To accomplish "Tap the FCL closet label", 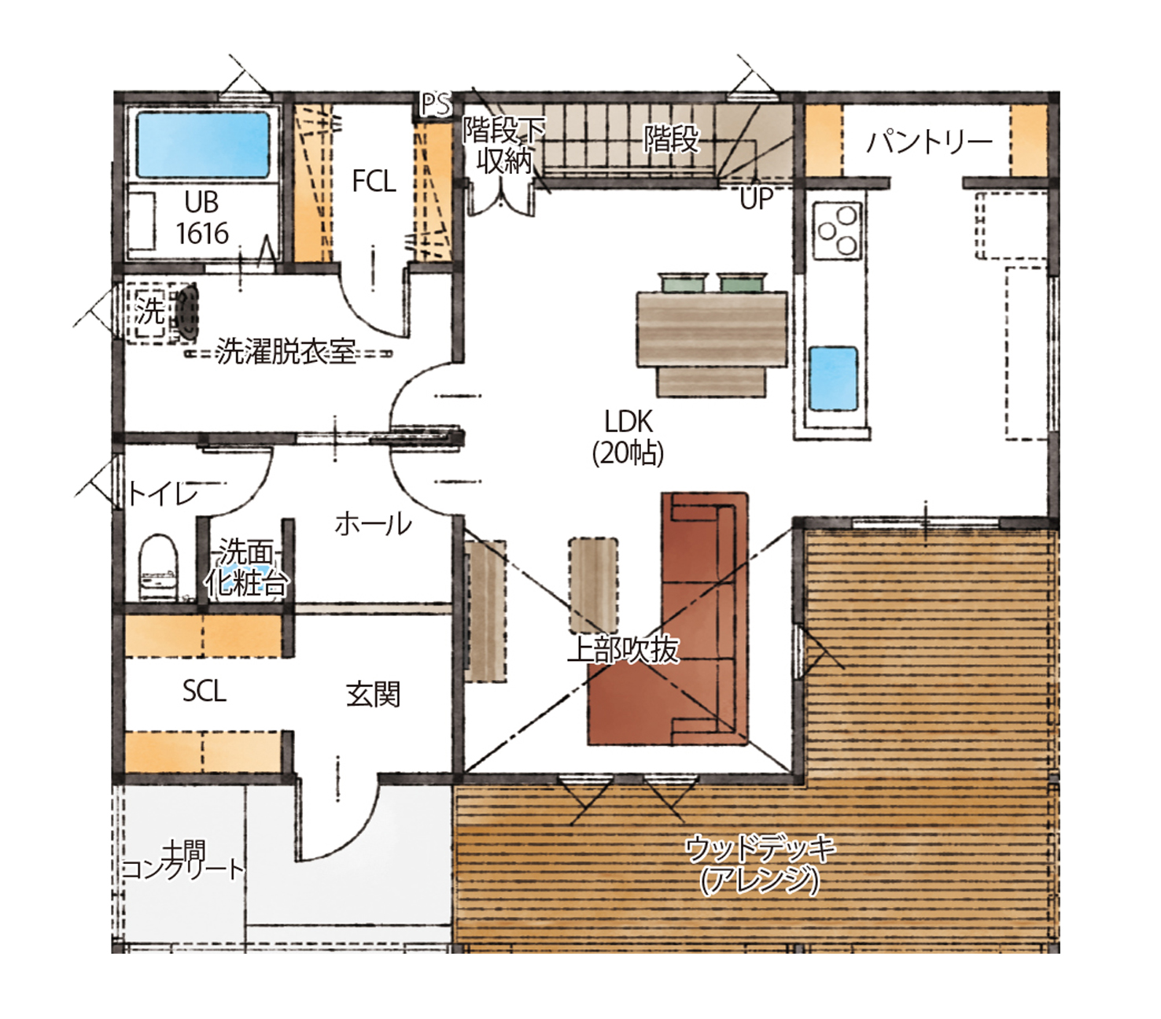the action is (373, 181).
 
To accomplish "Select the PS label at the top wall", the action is (436, 105).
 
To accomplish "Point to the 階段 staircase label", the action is (672, 138).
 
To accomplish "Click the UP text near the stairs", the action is (756, 198).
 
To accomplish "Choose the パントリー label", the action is (928, 142).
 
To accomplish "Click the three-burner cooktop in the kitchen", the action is (837, 231).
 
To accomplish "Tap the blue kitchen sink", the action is (834, 378).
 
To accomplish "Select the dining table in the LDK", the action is (712, 329).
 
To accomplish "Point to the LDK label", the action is (628, 422).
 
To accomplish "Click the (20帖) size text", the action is (628, 453).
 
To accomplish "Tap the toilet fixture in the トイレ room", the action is (158, 567).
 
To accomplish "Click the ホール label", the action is (373, 524).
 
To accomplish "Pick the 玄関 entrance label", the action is (373, 695).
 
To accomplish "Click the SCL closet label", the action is (204, 691).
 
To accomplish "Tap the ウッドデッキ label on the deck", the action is (760, 850).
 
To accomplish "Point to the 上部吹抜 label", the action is (623, 650).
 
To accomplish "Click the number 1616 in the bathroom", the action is (201, 234).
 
